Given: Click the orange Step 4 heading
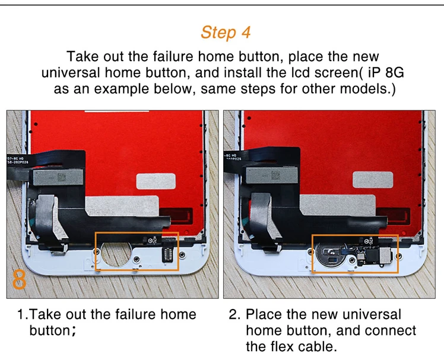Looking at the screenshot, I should point(225,32).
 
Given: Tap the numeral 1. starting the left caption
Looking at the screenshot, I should point(22,314).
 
